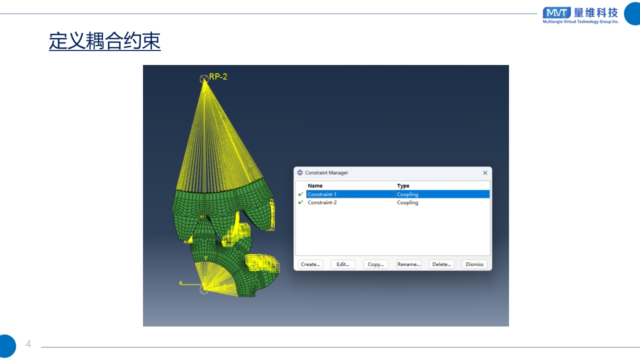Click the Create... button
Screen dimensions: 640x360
point(310,264)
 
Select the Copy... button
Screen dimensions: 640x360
point(375,264)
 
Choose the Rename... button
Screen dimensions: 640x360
point(409,264)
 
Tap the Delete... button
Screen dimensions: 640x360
point(441,264)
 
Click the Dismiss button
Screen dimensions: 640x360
point(474,264)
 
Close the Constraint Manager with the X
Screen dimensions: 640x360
point(485,173)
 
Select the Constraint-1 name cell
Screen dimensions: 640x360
point(350,194)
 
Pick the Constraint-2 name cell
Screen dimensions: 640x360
point(350,202)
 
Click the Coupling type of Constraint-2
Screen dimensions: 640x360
point(407,202)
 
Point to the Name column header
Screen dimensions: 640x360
point(315,185)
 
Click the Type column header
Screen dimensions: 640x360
point(403,185)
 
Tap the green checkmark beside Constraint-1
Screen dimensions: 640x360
point(300,194)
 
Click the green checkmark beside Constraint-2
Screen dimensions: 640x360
point(300,202)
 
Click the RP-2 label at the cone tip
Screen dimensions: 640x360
point(218,76)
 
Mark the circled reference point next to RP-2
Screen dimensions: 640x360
point(204,79)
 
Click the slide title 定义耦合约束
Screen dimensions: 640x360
point(105,41)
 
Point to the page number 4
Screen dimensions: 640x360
point(28,343)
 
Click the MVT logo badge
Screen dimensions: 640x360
point(557,13)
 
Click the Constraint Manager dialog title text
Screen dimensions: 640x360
point(326,173)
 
